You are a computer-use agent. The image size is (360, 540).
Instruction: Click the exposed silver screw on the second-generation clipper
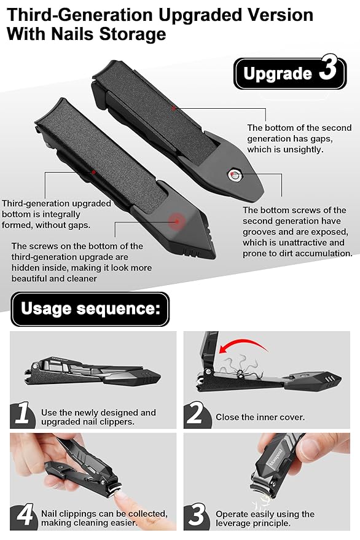236,175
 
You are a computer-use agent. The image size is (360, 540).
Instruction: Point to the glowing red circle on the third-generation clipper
177,221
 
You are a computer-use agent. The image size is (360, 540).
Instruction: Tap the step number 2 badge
197,413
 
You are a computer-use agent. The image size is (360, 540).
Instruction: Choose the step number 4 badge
24,516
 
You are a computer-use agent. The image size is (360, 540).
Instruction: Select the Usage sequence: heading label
90,309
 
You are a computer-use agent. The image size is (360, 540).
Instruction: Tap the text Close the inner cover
260,417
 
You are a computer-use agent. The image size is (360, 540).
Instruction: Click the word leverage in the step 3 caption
232,523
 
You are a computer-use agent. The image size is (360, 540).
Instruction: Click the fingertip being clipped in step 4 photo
120,496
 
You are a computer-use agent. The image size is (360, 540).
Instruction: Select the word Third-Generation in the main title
80,15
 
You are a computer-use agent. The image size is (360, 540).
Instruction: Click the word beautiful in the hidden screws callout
29,279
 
